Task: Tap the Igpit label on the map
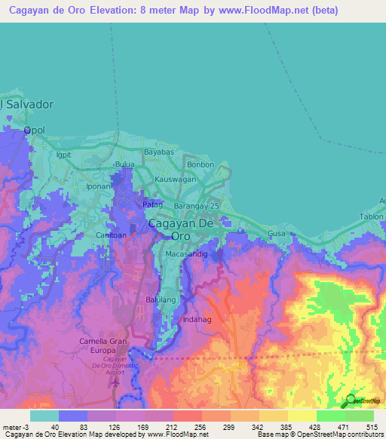click(x=63, y=155)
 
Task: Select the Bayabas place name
click(x=159, y=152)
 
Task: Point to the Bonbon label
click(x=201, y=164)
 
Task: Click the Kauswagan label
click(x=176, y=180)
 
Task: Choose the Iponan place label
click(x=99, y=185)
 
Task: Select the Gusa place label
click(x=277, y=234)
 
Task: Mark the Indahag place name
click(x=198, y=319)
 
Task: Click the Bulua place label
click(x=124, y=164)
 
